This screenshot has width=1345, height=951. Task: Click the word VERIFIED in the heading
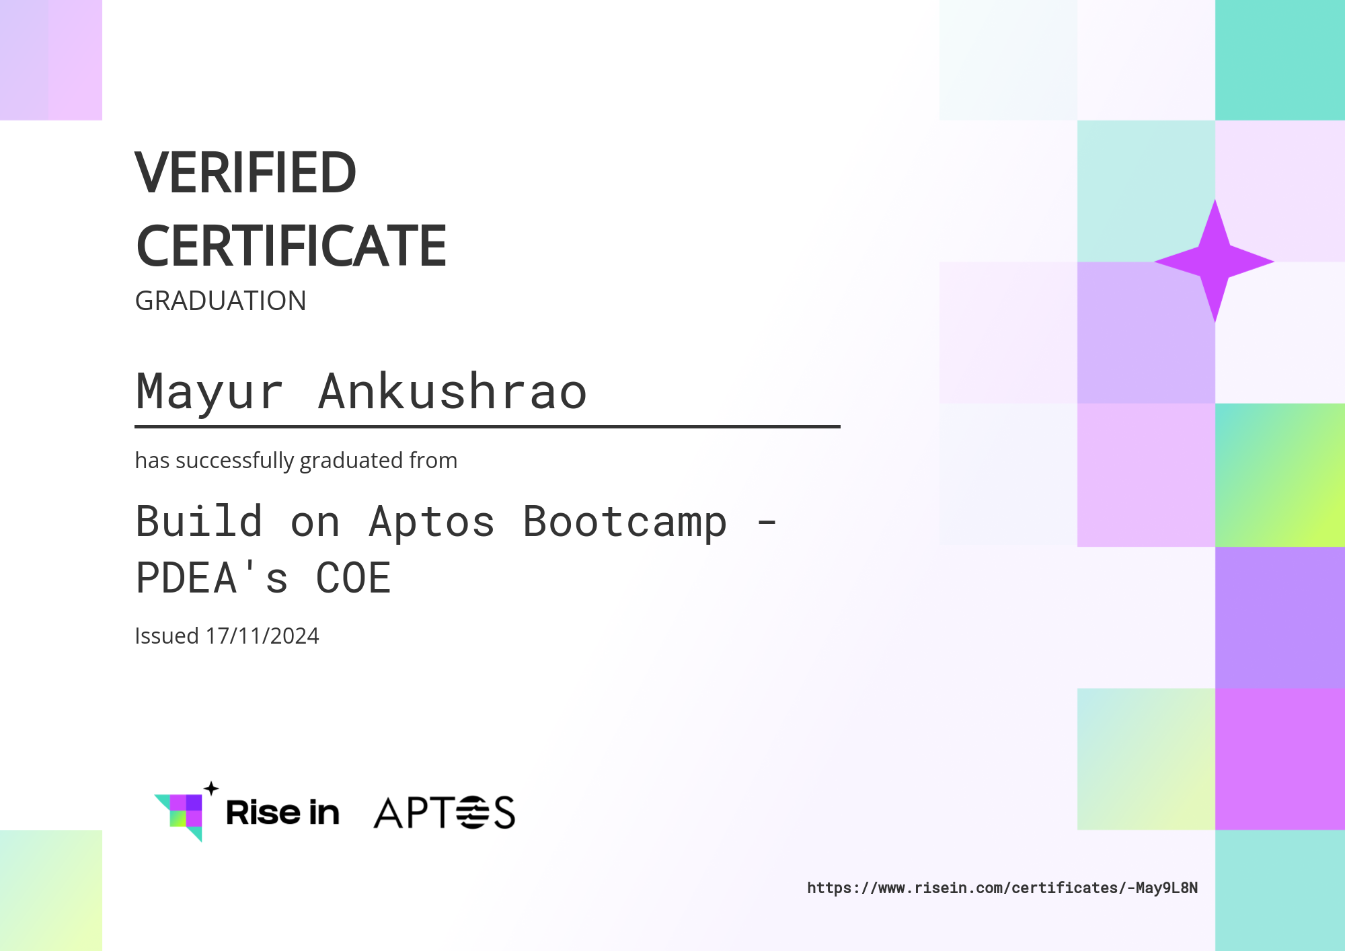pyautogui.click(x=245, y=173)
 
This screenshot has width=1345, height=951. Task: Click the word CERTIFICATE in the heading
pyautogui.click(x=291, y=246)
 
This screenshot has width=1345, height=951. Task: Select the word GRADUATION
pyautogui.click(x=221, y=301)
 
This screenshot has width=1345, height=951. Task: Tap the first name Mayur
pyautogui.click(x=209, y=391)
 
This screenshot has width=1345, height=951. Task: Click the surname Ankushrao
pyautogui.click(x=453, y=391)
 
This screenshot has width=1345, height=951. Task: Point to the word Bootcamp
pyautogui.click(x=625, y=522)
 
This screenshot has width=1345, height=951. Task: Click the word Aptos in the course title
pyautogui.click(x=432, y=522)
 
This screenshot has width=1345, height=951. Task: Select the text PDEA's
pyautogui.click(x=213, y=578)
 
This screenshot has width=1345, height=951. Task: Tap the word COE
pyautogui.click(x=353, y=578)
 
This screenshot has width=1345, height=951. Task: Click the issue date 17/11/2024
pyautogui.click(x=262, y=636)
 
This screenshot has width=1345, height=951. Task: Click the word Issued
pyautogui.click(x=167, y=636)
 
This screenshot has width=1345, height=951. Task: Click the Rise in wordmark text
pyautogui.click(x=282, y=812)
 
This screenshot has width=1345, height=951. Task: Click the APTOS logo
pyautogui.click(x=444, y=812)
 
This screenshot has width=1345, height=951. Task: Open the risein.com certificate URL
pyautogui.click(x=1002, y=888)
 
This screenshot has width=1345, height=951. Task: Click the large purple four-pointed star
pyautogui.click(x=1215, y=261)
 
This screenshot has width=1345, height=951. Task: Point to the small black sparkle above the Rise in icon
pyautogui.click(x=211, y=788)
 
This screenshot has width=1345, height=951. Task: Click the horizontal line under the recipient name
pyautogui.click(x=488, y=426)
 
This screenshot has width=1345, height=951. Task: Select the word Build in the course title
pyautogui.click(x=199, y=522)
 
